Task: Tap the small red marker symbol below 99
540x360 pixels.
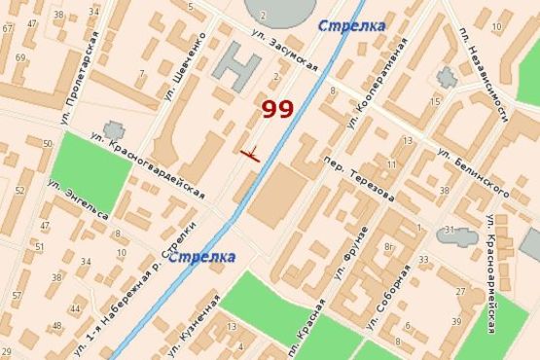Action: [250, 153]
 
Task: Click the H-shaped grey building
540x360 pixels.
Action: [238, 67]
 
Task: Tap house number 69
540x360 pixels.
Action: [18, 58]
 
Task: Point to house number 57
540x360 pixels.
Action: [17, 294]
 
